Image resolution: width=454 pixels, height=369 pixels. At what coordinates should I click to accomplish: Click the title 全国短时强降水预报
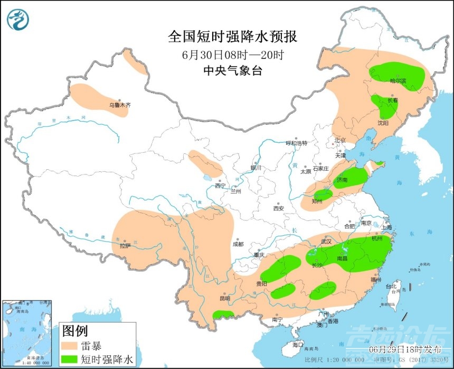click(232, 36)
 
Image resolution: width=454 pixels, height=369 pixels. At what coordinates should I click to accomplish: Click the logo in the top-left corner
click(18, 19)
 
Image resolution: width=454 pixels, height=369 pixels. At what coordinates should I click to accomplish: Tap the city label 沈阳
click(382, 123)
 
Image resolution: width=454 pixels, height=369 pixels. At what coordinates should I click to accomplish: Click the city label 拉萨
click(125, 246)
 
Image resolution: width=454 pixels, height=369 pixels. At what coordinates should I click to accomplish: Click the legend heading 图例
click(74, 331)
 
